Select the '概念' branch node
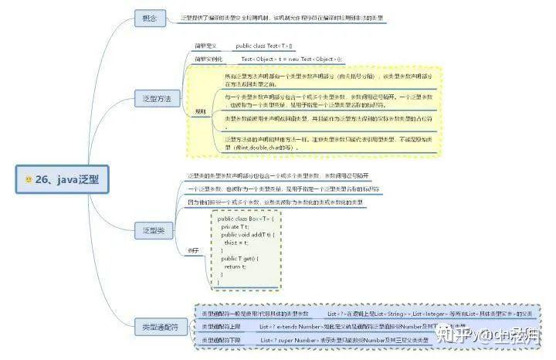point(148,16)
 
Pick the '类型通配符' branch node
point(159,328)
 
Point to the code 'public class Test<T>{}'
point(265,46)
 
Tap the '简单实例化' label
point(208,59)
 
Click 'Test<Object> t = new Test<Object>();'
point(292,59)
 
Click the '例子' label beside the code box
point(193,252)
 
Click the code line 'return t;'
point(235,266)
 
